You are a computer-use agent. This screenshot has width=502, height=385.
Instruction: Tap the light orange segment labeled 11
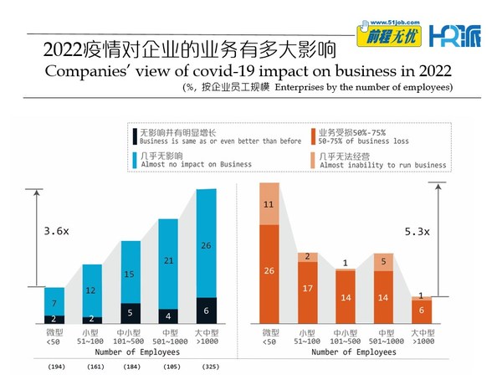(x=269, y=203)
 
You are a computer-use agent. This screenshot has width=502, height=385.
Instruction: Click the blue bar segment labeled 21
(x=168, y=260)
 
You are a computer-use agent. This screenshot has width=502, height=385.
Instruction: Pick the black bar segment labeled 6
(x=207, y=310)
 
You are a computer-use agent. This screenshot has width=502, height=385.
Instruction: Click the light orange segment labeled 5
(x=383, y=262)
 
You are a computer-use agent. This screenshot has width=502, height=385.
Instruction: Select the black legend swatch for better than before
(x=135, y=136)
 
